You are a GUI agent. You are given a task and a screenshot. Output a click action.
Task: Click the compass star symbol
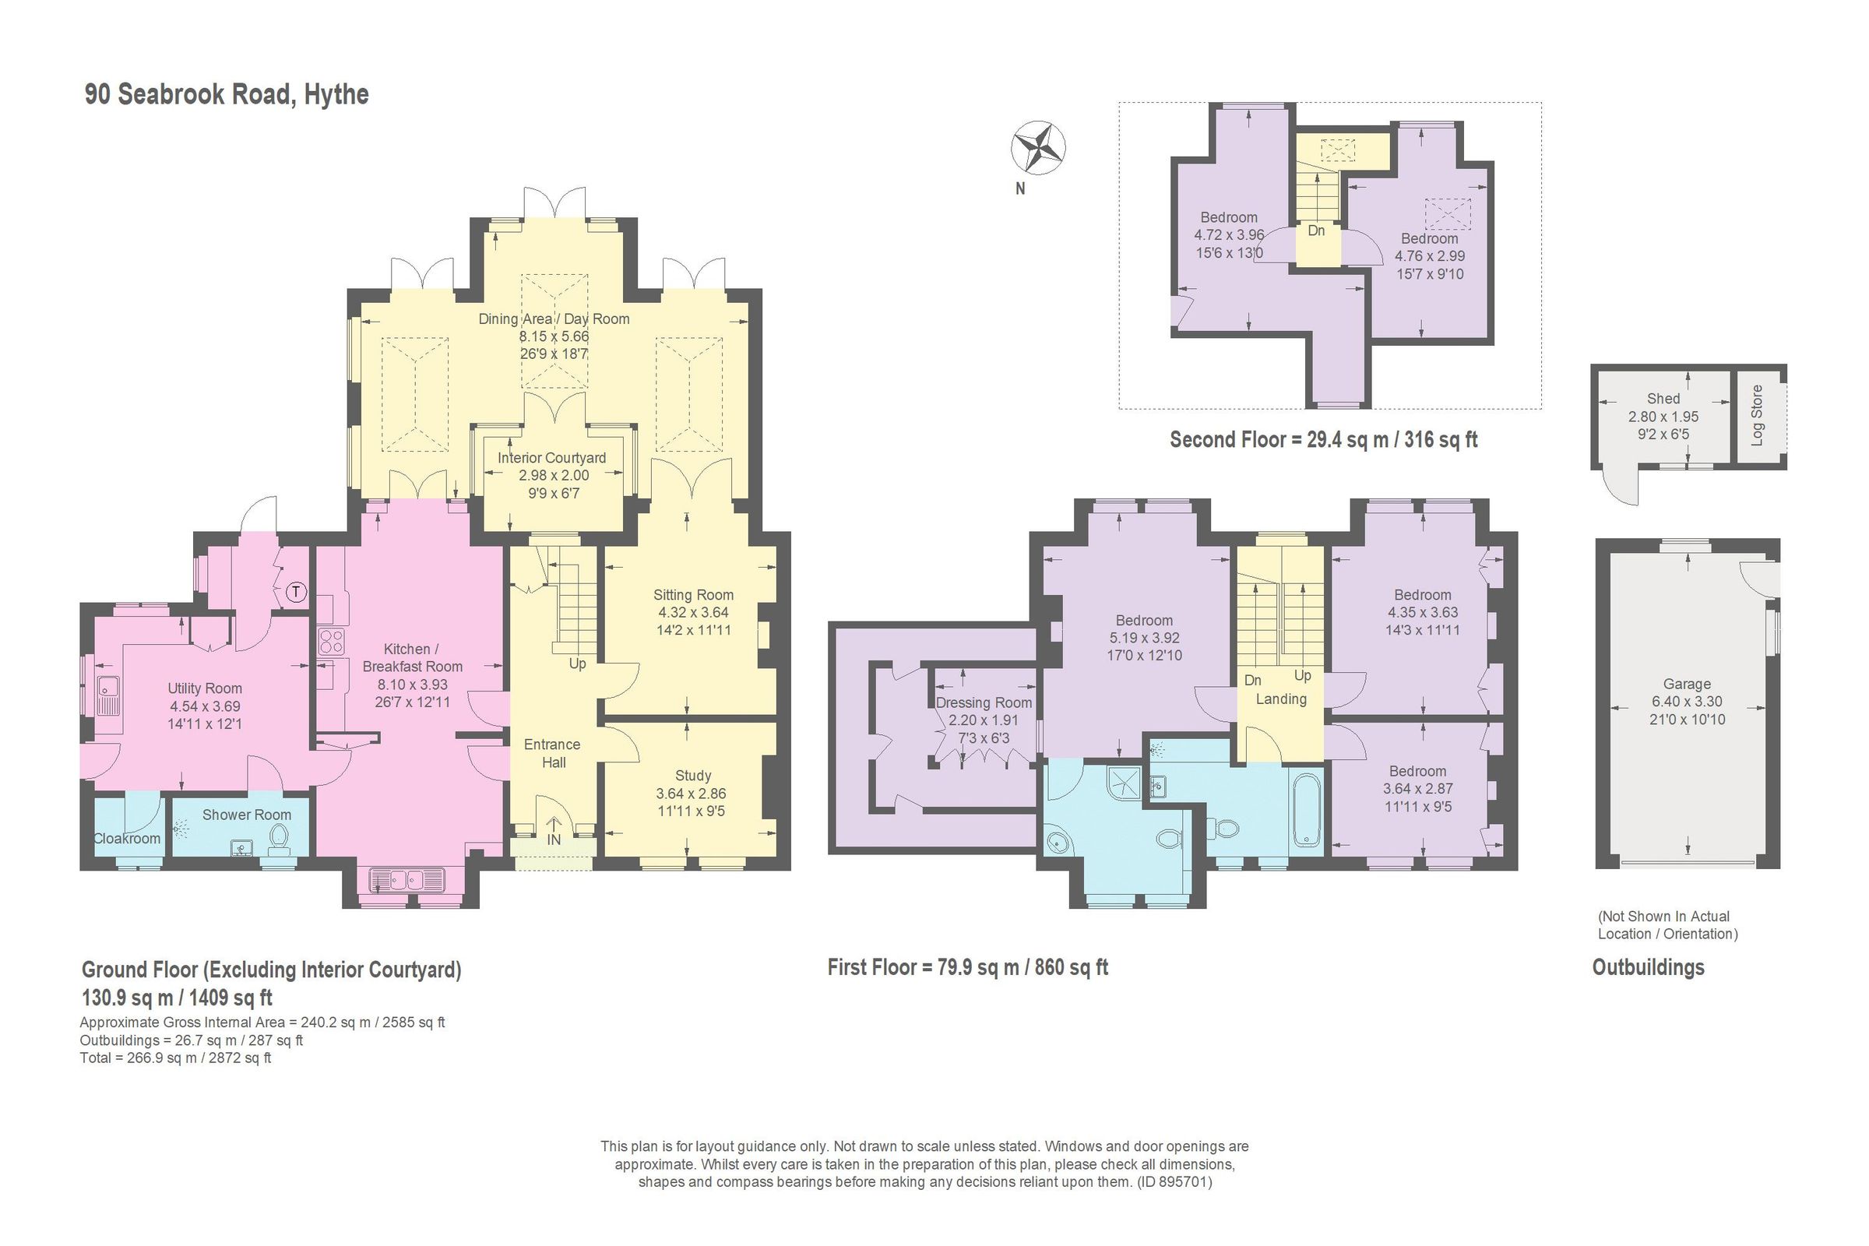(x=1038, y=148)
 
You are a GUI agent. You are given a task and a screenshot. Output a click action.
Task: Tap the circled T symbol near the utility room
(x=296, y=592)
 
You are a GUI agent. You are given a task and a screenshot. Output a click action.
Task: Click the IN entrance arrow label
(x=554, y=839)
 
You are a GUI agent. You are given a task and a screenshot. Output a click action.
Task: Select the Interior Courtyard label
(x=551, y=458)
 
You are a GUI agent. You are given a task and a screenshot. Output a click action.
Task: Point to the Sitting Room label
(x=693, y=594)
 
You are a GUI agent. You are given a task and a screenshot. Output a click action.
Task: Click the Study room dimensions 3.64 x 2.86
(x=691, y=793)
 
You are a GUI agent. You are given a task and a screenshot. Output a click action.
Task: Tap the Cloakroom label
(x=127, y=839)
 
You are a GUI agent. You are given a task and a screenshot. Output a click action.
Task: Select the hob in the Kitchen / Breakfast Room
(x=330, y=640)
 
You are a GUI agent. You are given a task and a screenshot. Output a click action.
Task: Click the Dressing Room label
(x=983, y=702)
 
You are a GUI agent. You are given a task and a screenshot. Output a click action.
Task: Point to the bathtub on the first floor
(x=1307, y=811)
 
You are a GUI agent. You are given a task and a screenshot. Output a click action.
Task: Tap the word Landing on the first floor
(x=1280, y=699)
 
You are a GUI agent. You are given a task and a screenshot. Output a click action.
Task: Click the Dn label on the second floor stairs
(x=1316, y=231)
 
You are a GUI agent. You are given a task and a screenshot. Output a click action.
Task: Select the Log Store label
(x=1757, y=415)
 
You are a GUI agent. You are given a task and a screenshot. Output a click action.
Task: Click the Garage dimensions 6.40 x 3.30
(x=1686, y=702)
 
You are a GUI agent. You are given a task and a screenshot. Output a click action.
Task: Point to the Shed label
(x=1663, y=399)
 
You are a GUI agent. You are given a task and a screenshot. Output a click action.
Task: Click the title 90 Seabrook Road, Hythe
(x=227, y=93)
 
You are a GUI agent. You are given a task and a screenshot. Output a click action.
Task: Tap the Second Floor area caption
(x=1323, y=439)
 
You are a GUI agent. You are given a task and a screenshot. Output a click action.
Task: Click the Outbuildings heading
(x=1648, y=967)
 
